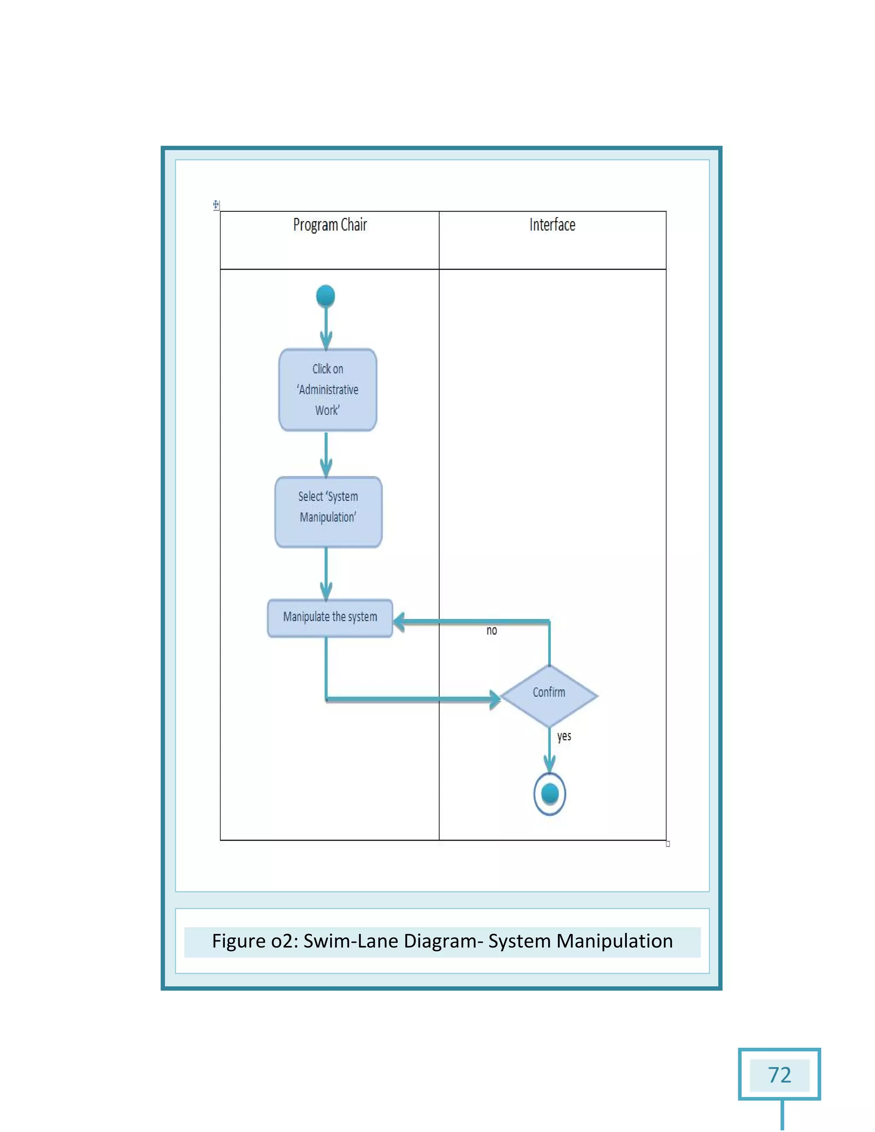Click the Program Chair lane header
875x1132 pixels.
coord(330,225)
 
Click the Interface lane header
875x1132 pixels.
coord(552,225)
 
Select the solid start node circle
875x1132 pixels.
coord(326,296)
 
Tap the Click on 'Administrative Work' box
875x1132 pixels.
coord(328,390)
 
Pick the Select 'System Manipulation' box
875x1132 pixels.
coord(328,512)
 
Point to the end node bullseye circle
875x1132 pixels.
coord(549,794)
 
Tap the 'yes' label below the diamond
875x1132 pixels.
coord(564,736)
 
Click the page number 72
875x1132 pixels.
coord(779,1075)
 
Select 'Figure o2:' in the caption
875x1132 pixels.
coord(255,941)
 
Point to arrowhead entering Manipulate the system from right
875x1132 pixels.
coord(399,621)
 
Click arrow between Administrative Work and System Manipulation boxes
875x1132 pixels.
coord(326,455)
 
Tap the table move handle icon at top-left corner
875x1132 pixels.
coord(216,205)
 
